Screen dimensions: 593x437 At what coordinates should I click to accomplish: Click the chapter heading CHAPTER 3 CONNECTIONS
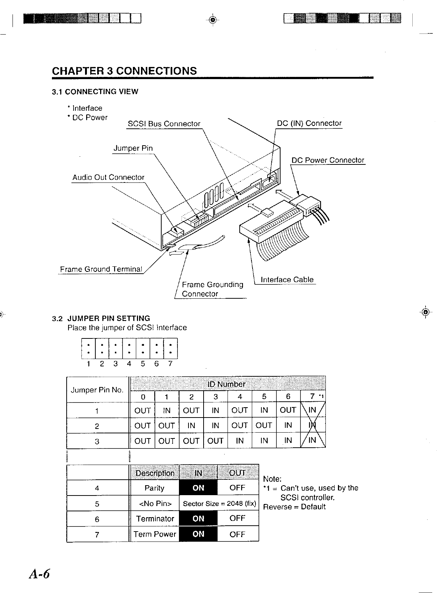124,71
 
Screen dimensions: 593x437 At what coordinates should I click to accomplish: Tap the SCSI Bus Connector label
164,124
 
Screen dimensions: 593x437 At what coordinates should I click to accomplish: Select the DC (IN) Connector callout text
309,123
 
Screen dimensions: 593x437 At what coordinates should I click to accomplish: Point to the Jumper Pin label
133,148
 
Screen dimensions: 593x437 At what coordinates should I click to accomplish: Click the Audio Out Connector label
108,177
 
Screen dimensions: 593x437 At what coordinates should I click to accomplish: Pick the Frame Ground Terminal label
101,269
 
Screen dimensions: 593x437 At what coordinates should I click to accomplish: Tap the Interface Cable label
287,280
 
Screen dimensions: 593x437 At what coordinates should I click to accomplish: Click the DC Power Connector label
328,160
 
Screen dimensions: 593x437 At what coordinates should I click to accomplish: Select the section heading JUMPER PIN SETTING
109,318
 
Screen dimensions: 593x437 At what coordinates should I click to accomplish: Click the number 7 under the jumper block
170,364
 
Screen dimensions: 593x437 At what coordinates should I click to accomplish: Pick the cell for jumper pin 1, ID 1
167,410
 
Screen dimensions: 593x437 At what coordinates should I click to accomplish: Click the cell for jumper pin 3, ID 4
240,441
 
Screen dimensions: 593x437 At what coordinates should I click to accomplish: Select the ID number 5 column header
264,396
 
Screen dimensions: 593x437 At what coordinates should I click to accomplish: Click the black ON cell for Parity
198,488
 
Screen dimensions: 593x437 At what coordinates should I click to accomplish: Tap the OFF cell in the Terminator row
237,518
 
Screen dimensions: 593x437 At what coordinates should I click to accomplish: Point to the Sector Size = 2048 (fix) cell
219,504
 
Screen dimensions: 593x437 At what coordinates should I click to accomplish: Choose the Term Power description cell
155,534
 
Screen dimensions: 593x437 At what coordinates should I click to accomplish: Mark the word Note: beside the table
272,479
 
